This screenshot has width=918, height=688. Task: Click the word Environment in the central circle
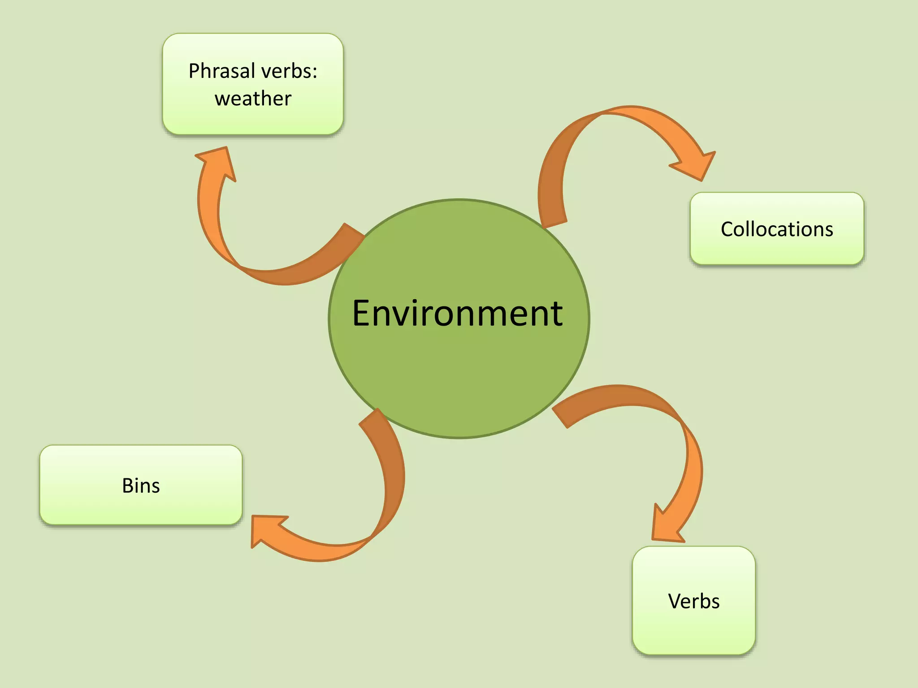[x=457, y=314]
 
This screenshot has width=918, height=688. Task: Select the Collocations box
[x=777, y=229]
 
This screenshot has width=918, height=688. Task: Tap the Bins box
[x=141, y=485]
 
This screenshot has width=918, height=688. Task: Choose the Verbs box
[x=693, y=601]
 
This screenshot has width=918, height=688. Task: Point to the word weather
[x=253, y=99]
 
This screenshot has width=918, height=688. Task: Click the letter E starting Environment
[x=362, y=314]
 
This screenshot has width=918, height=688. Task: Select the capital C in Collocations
[x=727, y=229]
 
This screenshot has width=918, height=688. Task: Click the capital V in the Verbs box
[x=674, y=601]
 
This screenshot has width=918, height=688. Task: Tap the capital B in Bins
[x=127, y=486]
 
